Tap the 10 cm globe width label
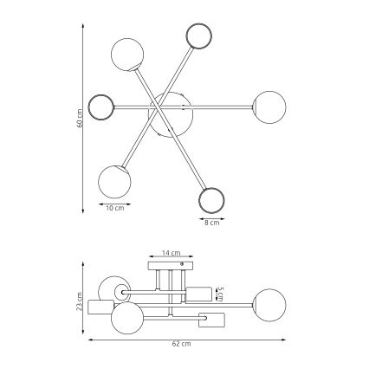tap(113, 208)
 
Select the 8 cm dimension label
tap(211, 223)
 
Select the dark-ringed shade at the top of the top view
tap(199, 36)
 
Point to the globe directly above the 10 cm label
tap(114, 180)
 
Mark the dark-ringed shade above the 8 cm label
tap(212, 200)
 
